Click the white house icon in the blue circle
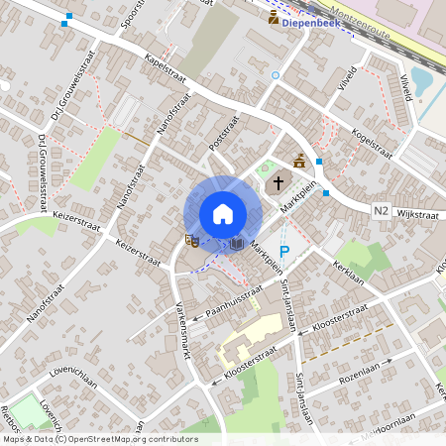(x=222, y=214)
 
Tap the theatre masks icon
(x=192, y=240)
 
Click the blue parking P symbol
(x=283, y=252)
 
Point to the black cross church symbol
(x=279, y=183)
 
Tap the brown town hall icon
(x=299, y=161)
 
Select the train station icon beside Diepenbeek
(x=274, y=17)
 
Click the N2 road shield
(x=383, y=211)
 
